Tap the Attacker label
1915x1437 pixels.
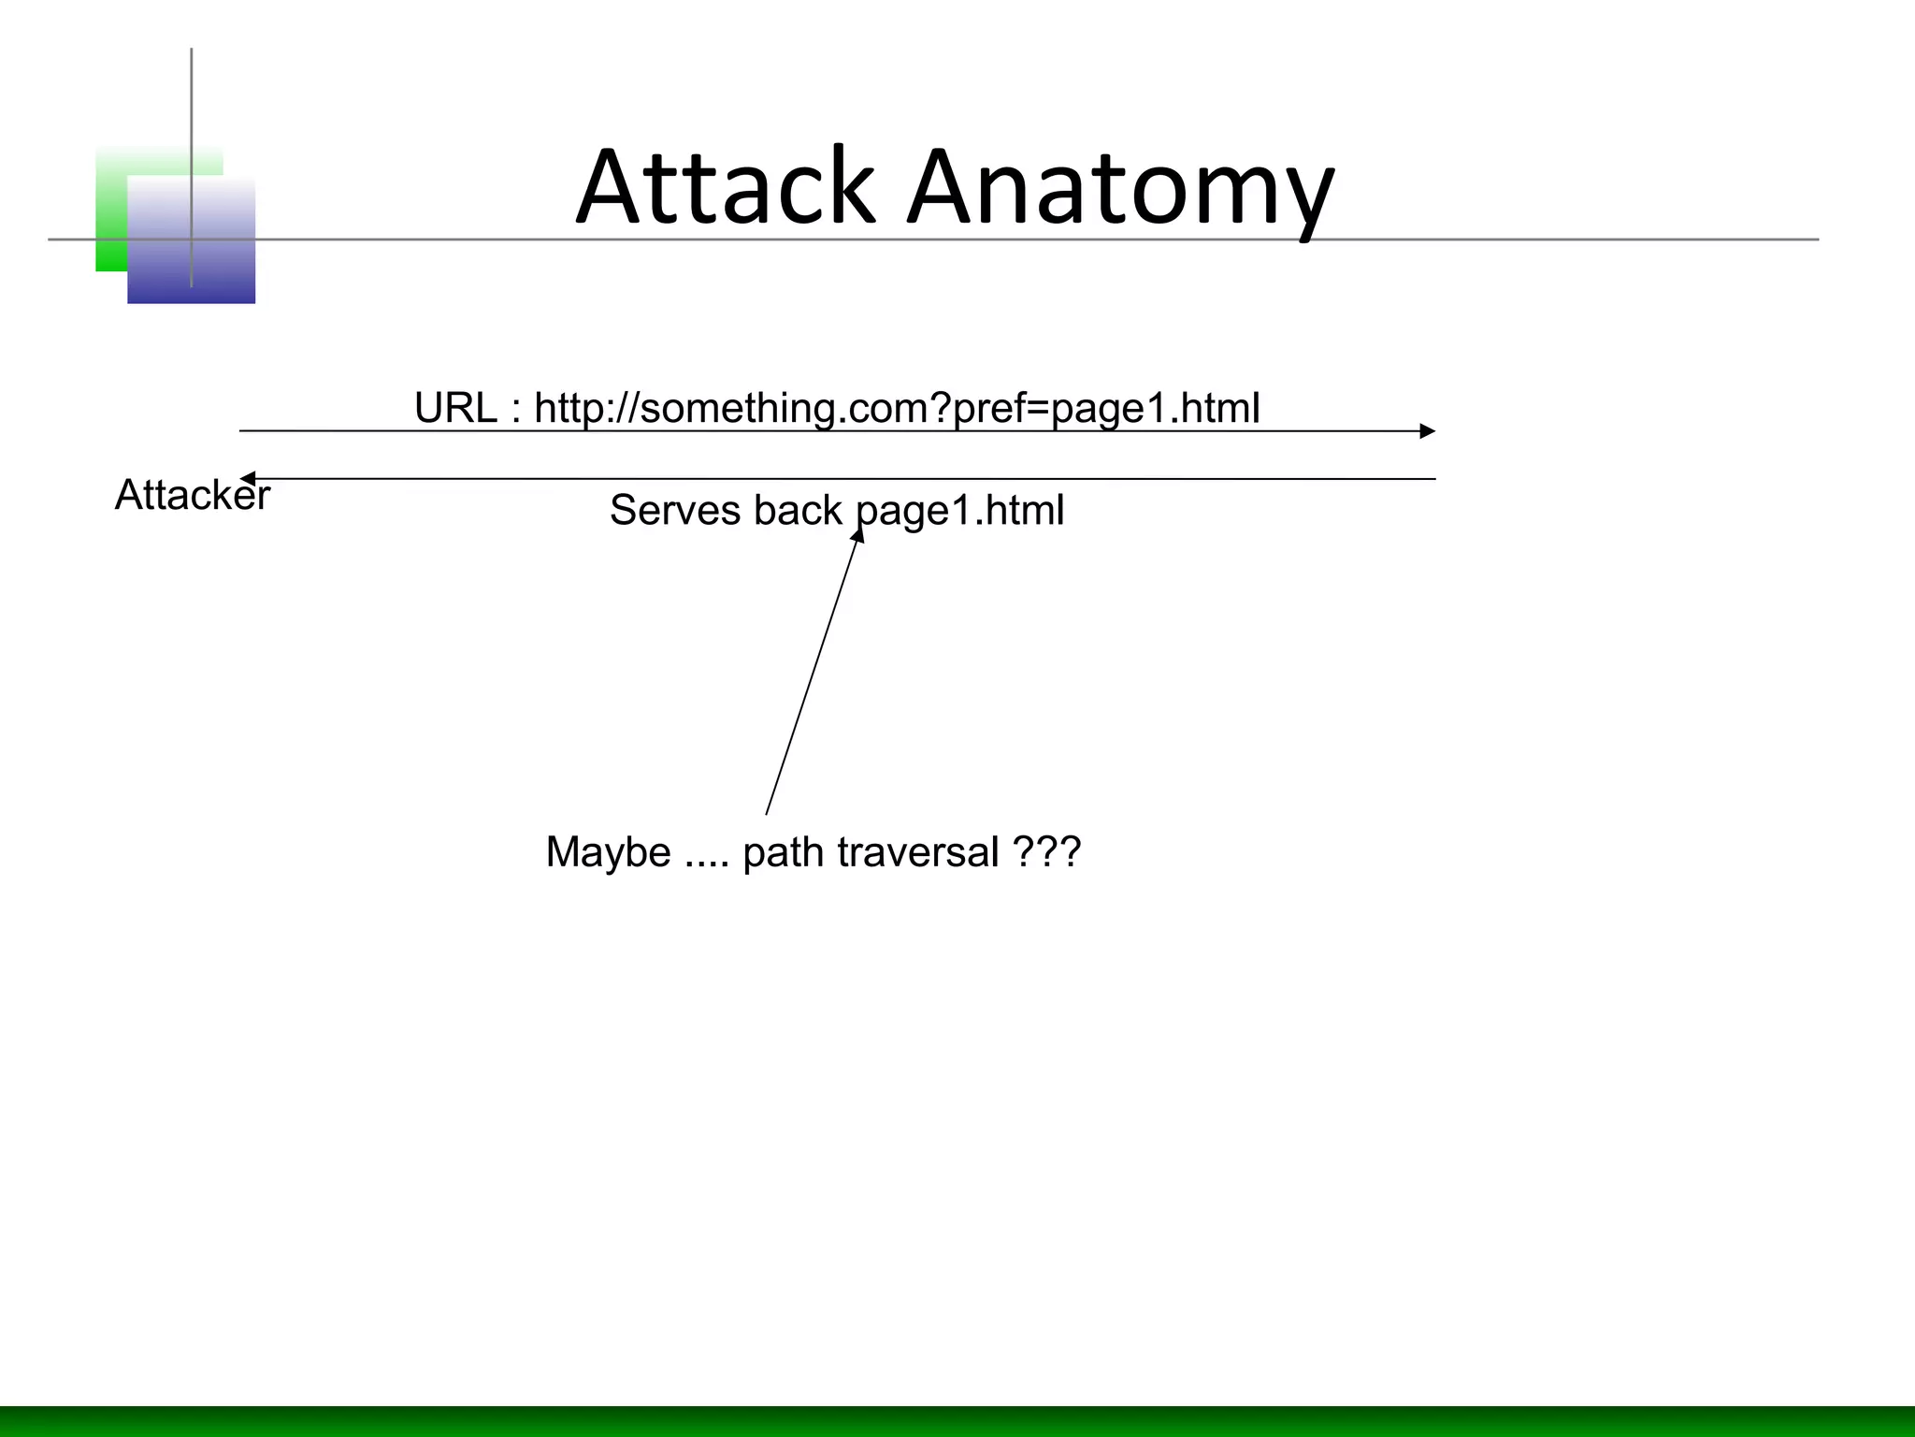click(192, 495)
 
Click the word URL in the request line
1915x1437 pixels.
click(455, 408)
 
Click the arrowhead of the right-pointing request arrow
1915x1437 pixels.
click(1427, 431)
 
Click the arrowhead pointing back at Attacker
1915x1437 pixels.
click(248, 479)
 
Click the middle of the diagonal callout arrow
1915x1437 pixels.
click(812, 674)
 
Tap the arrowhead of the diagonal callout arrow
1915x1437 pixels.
click(857, 535)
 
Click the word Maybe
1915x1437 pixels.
click(608, 852)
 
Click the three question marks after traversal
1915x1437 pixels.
click(1046, 852)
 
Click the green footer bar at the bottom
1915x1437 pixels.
click(957, 1421)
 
